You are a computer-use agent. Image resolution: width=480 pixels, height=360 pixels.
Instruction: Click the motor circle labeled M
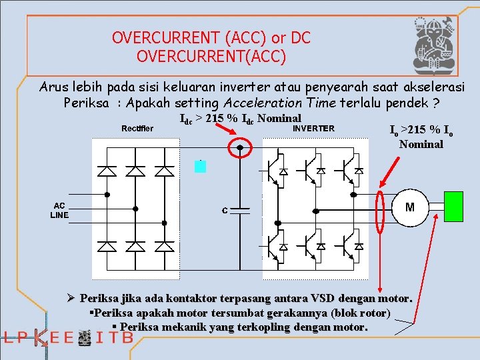click(410, 207)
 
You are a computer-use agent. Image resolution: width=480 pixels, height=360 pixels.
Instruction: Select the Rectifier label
click(137, 128)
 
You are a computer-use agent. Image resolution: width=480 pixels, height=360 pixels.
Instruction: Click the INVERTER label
click(314, 128)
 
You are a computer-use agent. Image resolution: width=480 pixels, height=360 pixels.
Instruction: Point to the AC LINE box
click(59, 210)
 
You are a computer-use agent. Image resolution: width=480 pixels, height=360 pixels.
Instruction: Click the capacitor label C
click(225, 211)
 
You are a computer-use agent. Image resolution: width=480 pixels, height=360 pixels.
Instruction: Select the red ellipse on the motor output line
click(381, 211)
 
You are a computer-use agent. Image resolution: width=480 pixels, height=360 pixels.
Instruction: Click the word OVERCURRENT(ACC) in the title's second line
click(211, 57)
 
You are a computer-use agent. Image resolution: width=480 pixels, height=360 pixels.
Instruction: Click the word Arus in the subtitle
click(55, 87)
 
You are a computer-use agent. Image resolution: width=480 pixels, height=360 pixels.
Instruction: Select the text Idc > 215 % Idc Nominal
click(241, 119)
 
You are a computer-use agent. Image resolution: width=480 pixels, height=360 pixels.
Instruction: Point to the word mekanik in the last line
click(180, 327)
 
